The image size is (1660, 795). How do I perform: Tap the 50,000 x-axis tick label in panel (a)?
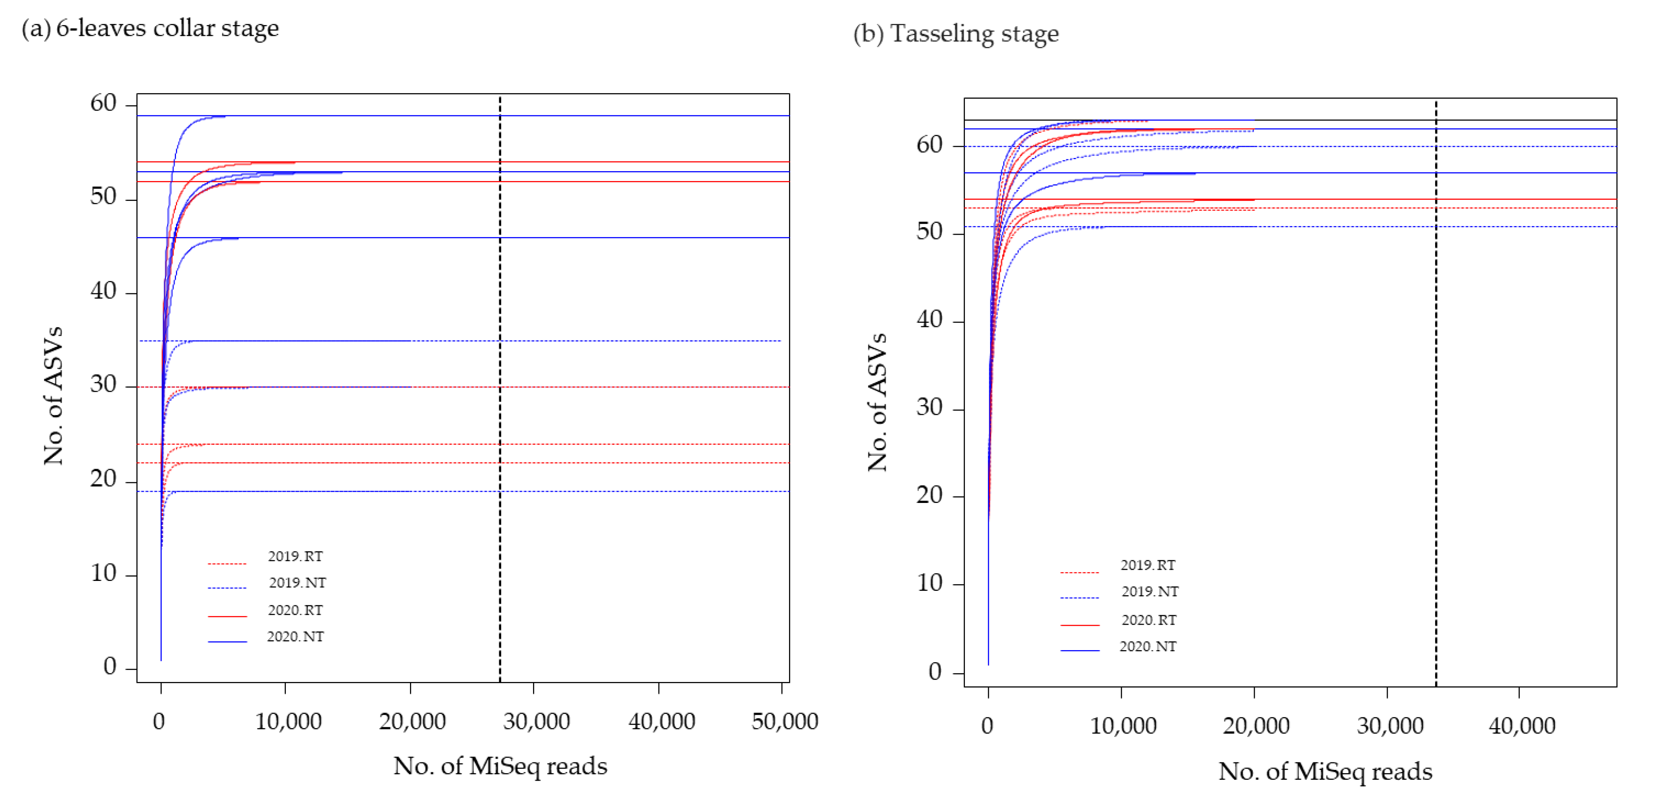coord(784,721)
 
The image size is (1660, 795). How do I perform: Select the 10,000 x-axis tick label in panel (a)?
coord(288,721)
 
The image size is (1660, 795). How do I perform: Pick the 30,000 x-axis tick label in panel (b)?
coord(1389,725)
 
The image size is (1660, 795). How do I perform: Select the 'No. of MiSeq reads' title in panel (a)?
coord(500,766)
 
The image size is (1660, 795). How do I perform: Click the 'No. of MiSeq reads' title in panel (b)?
coord(1325,771)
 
